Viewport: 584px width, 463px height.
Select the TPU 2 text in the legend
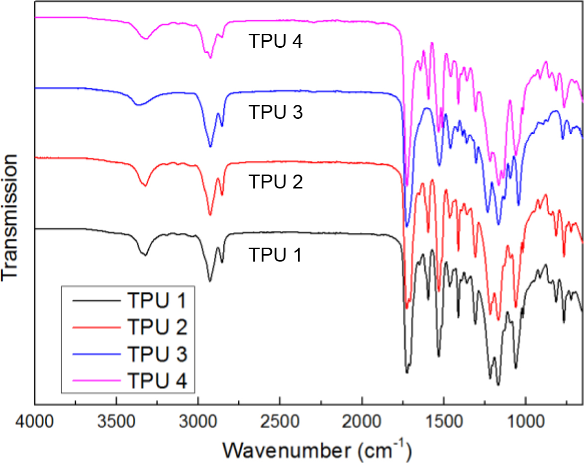(157, 327)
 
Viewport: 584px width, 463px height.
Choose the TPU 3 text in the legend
(157, 354)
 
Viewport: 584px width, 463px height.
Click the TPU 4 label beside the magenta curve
(275, 42)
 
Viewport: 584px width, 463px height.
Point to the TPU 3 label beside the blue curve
(275, 112)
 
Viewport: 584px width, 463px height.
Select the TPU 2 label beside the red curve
(275, 182)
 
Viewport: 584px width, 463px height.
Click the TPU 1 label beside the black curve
(275, 255)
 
